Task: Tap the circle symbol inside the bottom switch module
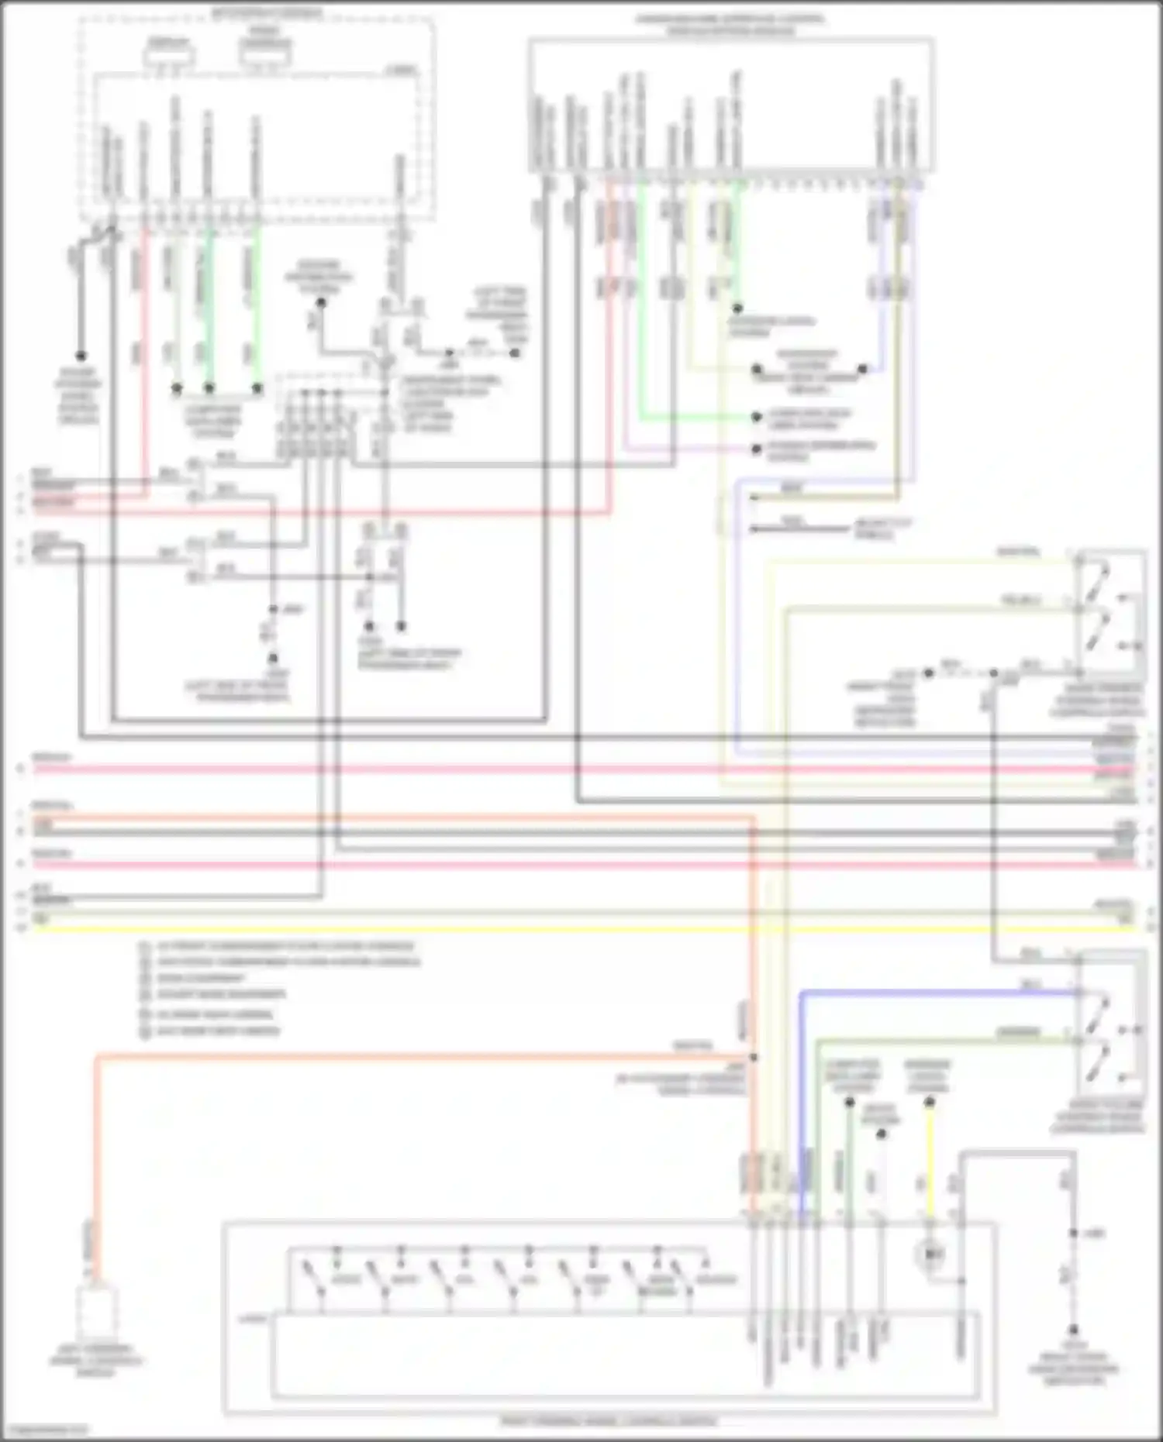click(931, 1253)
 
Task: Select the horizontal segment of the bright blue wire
click(930, 992)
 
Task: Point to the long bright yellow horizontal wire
click(574, 927)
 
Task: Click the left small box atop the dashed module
click(169, 57)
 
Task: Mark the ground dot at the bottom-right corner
click(1074, 1328)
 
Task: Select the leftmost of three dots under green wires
click(177, 387)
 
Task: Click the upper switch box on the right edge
click(1110, 612)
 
